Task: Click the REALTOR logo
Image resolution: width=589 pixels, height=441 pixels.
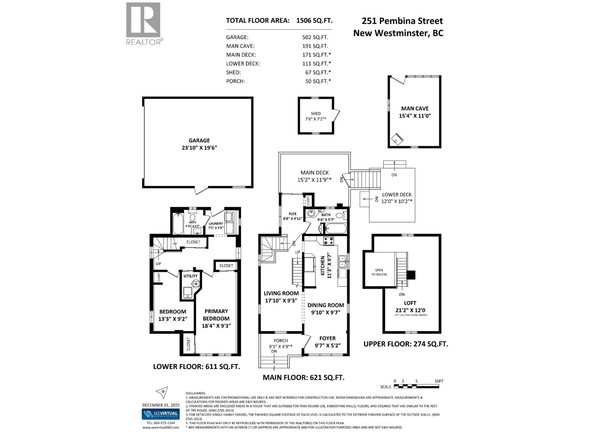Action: (144, 23)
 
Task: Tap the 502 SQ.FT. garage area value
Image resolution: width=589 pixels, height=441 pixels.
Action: (315, 37)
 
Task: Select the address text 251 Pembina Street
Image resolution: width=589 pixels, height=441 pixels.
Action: (402, 21)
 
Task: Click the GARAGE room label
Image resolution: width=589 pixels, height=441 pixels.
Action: (199, 140)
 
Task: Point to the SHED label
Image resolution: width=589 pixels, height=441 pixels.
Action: (315, 114)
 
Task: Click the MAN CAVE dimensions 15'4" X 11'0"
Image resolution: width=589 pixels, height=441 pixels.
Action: (415, 116)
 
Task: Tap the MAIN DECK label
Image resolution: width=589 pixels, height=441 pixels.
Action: (314, 172)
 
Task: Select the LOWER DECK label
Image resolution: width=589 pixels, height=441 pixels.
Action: (396, 194)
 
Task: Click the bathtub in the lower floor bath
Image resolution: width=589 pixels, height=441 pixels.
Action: (178, 223)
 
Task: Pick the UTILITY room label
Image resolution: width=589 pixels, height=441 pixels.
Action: (190, 276)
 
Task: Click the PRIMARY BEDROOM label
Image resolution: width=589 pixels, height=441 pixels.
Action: (216, 315)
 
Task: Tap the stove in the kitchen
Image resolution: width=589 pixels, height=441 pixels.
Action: (328, 241)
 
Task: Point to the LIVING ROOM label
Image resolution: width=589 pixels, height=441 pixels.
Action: (281, 293)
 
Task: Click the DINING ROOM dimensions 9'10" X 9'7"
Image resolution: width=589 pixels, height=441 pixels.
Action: (326, 312)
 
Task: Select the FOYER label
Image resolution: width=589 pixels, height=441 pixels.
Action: (327, 338)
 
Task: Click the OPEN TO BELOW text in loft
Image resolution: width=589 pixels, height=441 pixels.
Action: (379, 272)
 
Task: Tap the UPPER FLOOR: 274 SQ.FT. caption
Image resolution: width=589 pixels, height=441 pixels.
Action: (406, 344)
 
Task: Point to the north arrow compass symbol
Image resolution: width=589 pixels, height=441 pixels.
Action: (162, 392)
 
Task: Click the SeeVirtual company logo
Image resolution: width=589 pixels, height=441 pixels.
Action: (161, 414)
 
